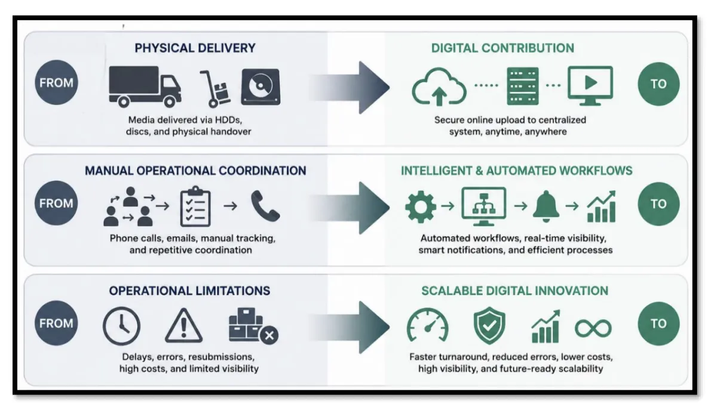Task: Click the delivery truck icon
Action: [145, 87]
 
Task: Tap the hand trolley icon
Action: [214, 88]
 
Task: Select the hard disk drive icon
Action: [261, 87]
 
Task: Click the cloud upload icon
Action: [439, 87]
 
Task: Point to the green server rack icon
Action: [523, 86]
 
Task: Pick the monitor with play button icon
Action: [590, 85]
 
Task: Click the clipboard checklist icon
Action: [195, 206]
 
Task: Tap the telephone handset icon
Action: [265, 206]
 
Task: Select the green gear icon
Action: [421, 206]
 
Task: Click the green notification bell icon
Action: [546, 206]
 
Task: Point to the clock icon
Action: [121, 326]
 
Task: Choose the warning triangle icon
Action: [183, 325]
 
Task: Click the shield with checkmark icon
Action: [489, 326]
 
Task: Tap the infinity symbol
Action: [593, 328]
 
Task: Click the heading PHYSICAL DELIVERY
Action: [195, 48]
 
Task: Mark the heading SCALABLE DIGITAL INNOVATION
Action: [514, 291]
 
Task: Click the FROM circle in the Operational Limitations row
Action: [56, 323]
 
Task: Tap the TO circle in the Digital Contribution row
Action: [658, 84]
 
